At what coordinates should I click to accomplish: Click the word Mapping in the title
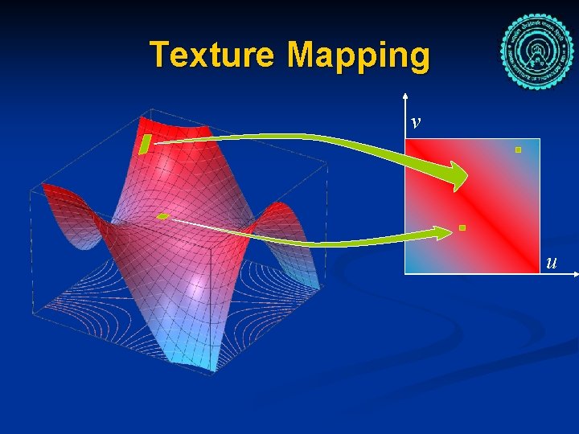[x=358, y=56]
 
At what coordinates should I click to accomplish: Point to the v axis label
[x=415, y=122]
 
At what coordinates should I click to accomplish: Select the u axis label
[x=551, y=262]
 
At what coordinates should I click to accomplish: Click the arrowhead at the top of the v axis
[x=405, y=101]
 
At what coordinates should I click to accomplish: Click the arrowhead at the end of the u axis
[x=574, y=274]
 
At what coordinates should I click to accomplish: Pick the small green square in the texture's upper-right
[x=519, y=149]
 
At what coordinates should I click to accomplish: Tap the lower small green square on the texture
[x=462, y=228]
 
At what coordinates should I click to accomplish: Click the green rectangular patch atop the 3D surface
[x=146, y=144]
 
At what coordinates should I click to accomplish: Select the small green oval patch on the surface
[x=162, y=216]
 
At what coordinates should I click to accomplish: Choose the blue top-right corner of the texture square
[x=535, y=143]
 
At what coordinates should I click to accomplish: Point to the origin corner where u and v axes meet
[x=405, y=274]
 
